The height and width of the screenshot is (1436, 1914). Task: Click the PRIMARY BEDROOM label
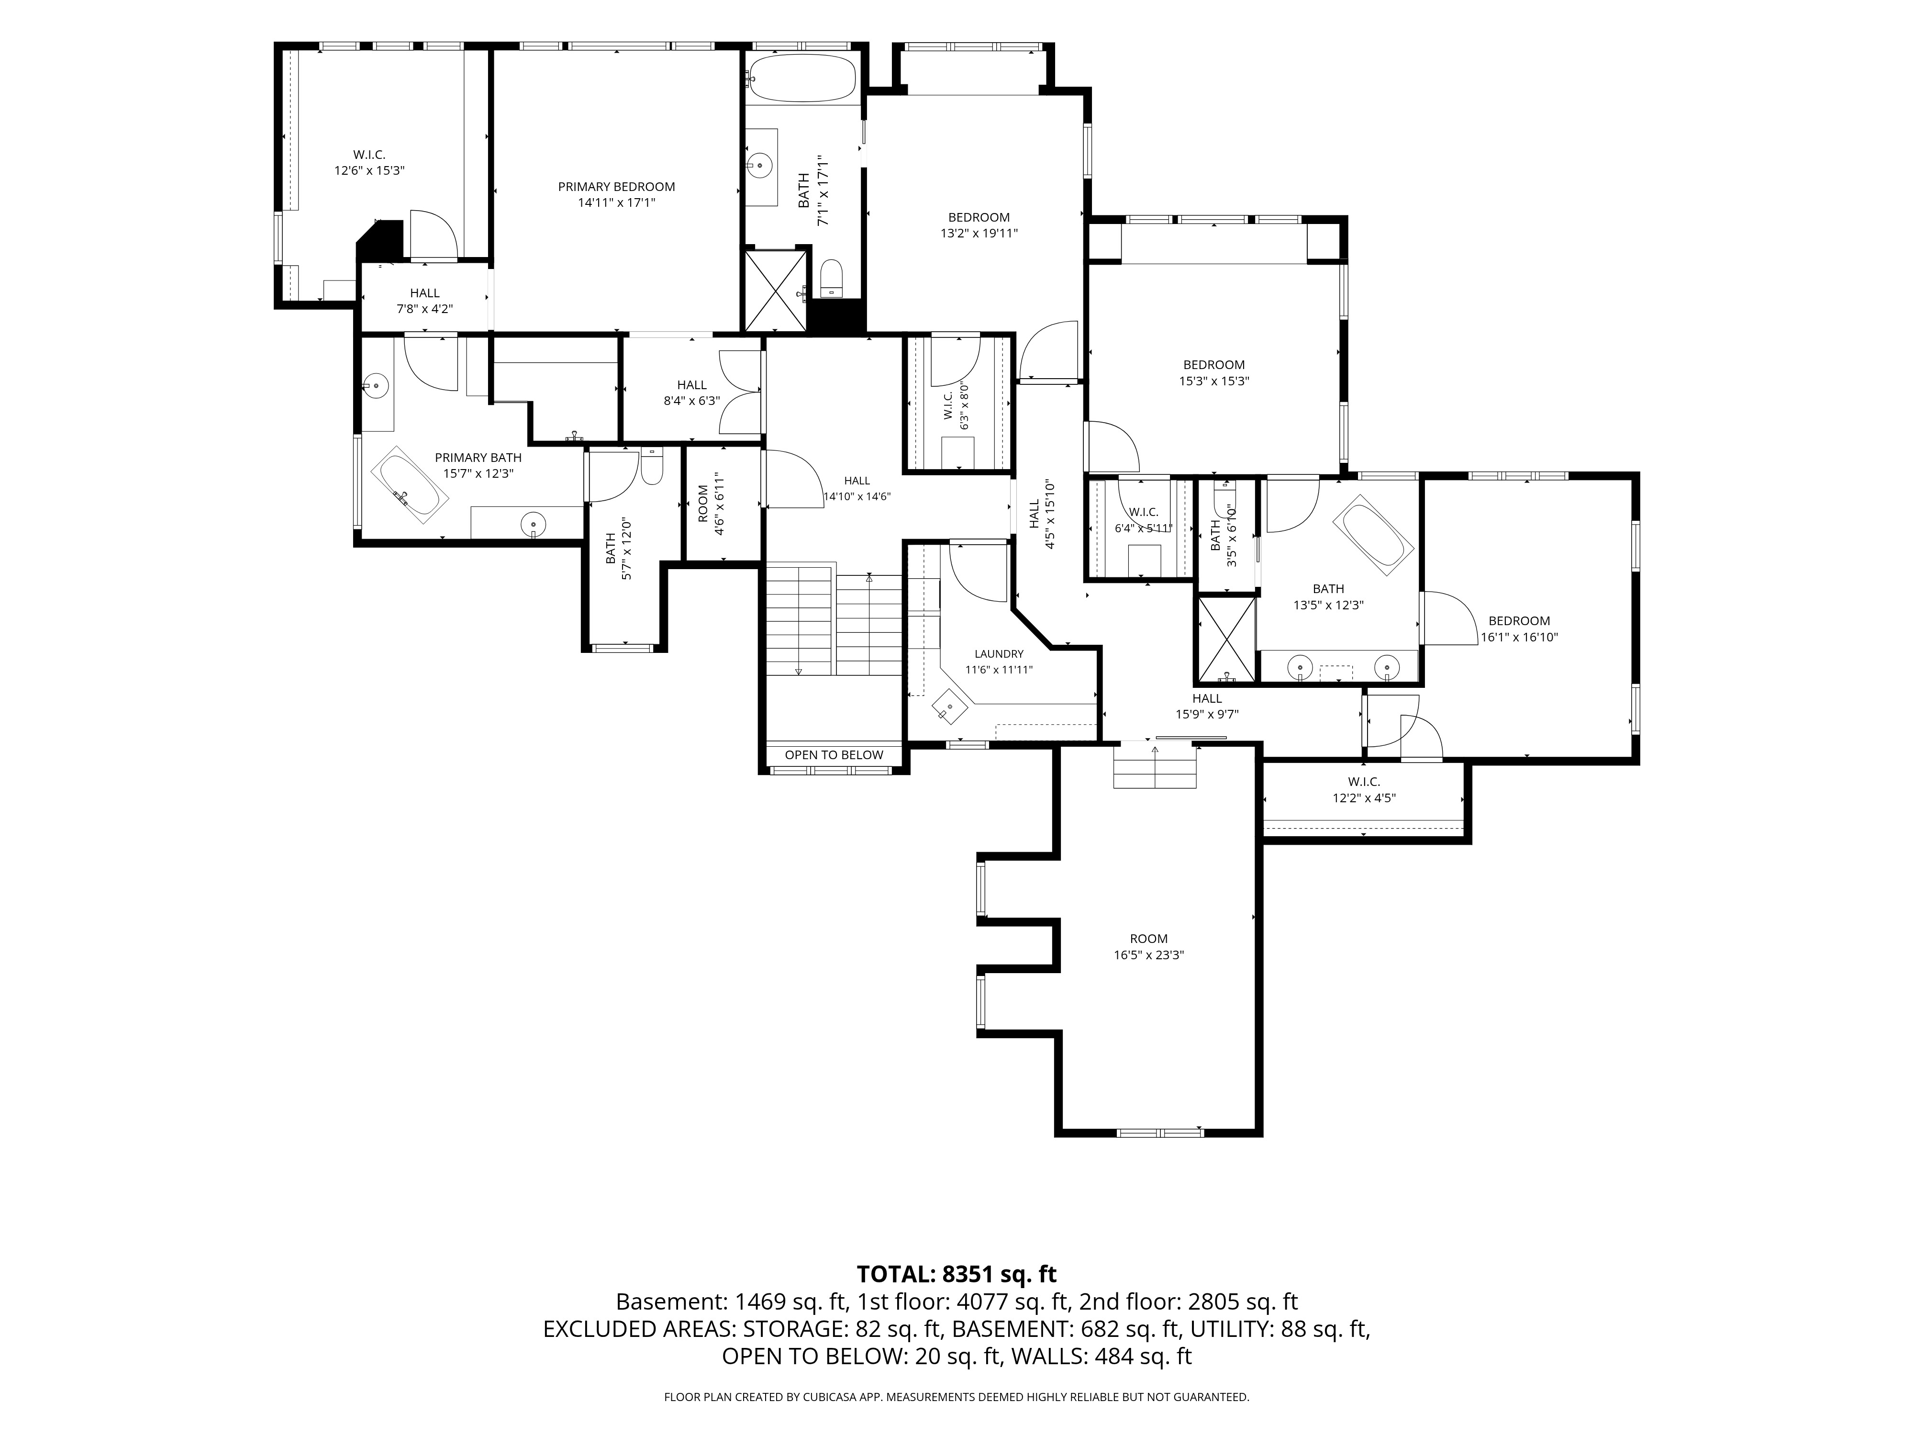[x=616, y=187]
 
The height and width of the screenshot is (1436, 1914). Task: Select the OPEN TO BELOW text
[x=834, y=755]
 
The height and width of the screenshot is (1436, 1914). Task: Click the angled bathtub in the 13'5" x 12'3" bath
[x=1374, y=535]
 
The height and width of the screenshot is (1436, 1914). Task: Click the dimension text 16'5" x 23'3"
[x=1149, y=955]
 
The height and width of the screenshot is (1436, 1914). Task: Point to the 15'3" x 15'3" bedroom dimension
[x=1214, y=381]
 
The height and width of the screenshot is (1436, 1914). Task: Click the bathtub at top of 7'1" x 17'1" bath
[x=802, y=78]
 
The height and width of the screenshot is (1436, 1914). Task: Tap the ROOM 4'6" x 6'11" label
[x=710, y=504]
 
